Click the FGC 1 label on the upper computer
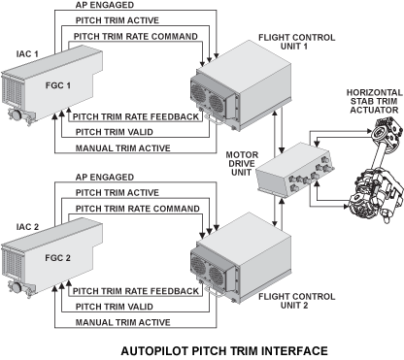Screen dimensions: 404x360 [58, 85]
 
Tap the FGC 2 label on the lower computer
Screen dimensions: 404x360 [57, 258]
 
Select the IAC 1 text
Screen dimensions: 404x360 [27, 54]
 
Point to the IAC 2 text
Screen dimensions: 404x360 [27, 227]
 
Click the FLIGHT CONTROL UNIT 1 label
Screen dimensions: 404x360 [296, 42]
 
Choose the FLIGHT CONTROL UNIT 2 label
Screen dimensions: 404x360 [296, 301]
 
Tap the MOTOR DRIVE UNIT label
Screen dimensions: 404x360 [242, 164]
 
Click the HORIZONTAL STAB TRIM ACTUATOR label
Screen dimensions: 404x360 [375, 101]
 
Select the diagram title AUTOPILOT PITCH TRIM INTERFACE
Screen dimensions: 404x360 [224, 351]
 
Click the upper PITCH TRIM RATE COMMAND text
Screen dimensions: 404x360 [136, 37]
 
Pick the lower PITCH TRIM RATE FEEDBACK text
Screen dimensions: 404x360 [136, 291]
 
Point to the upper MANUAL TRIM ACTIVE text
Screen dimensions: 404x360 [123, 148]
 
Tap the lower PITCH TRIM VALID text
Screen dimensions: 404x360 [115, 307]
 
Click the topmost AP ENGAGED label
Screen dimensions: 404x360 [105, 5]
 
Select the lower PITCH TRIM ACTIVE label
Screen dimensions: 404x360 [118, 193]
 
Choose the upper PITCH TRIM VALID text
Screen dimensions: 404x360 [115, 132]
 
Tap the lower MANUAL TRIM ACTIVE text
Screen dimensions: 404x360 [123, 322]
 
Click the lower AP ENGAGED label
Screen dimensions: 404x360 [105, 178]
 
